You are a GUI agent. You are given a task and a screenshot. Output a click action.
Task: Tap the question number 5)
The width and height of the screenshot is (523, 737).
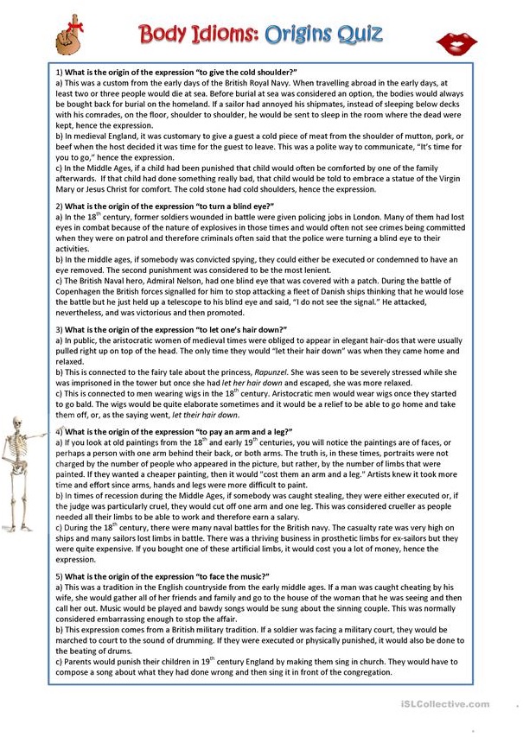coord(59,575)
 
